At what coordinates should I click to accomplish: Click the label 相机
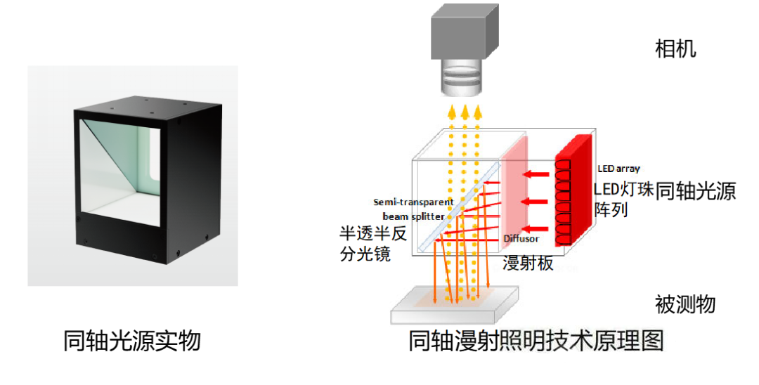tap(675, 49)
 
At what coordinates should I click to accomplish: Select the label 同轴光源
tap(695, 191)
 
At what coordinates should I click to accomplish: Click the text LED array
tap(618, 169)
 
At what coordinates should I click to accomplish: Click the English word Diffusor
tap(521, 239)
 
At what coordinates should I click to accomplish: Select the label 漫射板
tap(528, 263)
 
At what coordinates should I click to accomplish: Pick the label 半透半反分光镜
tap(365, 243)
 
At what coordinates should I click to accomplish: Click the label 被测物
tap(685, 304)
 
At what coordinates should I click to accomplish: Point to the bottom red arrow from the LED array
tap(537, 228)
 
